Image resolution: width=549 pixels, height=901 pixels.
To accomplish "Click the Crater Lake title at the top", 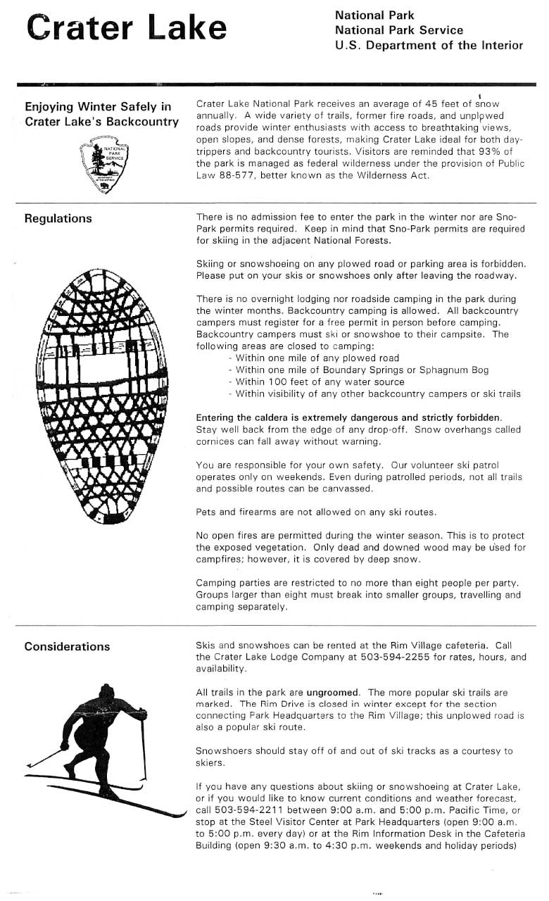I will click(127, 29).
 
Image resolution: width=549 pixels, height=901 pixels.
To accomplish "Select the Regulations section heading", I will click(58, 218).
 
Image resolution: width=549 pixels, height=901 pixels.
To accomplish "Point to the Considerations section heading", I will click(67, 646).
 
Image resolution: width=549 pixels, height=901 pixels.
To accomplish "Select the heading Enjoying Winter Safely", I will click(98, 107).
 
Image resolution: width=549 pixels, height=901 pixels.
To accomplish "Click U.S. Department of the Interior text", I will click(429, 46).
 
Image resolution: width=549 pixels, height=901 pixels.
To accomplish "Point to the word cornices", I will click(216, 442).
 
